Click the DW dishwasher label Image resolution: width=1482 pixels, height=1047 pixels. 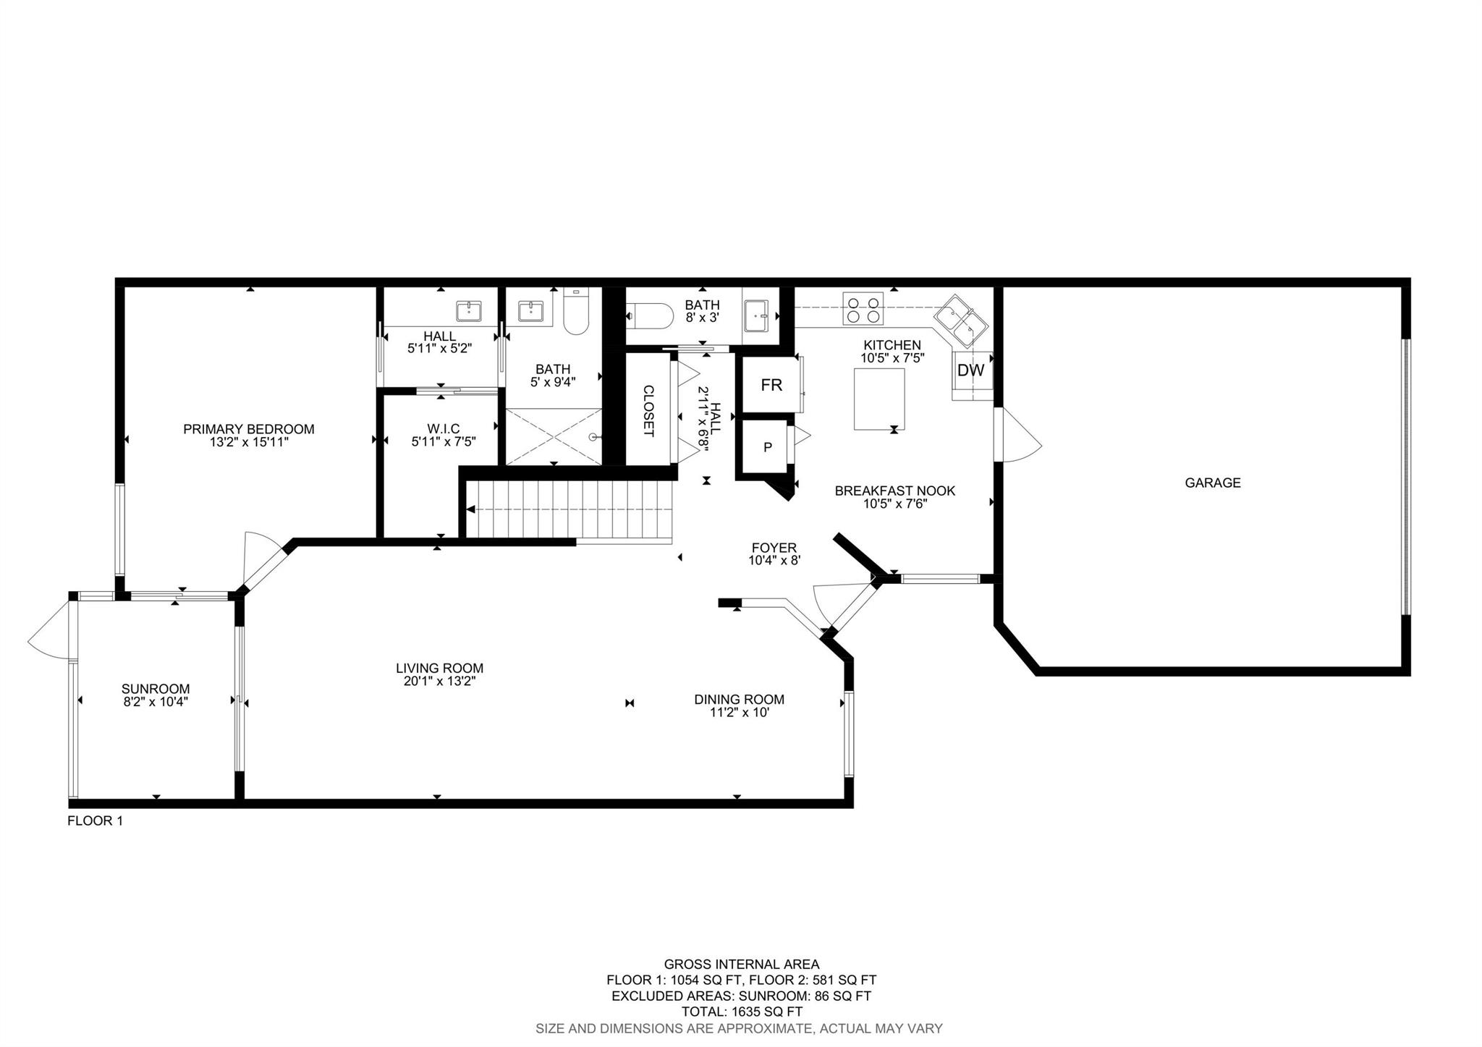pyautogui.click(x=971, y=370)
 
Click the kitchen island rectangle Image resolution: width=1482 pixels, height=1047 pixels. pyautogui.click(x=879, y=399)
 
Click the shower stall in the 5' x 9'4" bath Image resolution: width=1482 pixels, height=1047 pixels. pyautogui.click(x=554, y=436)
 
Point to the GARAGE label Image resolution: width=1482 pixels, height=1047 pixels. pyautogui.click(x=1213, y=483)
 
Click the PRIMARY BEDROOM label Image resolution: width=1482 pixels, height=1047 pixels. pyautogui.click(x=249, y=429)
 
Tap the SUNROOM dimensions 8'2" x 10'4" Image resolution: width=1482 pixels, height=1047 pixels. pyautogui.click(x=156, y=701)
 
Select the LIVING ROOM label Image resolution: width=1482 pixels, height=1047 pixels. pyautogui.click(x=439, y=669)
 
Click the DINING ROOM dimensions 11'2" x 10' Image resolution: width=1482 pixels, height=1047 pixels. pyautogui.click(x=739, y=712)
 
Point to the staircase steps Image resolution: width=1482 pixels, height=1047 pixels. pyautogui.click(x=569, y=509)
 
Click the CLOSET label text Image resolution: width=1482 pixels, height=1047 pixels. pyautogui.click(x=649, y=410)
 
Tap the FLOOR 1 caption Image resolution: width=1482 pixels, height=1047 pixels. pyautogui.click(x=95, y=821)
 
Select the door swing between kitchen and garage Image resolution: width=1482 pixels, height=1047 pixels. pyautogui.click(x=1017, y=434)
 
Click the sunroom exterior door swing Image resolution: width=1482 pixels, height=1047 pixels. pyautogui.click(x=51, y=630)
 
